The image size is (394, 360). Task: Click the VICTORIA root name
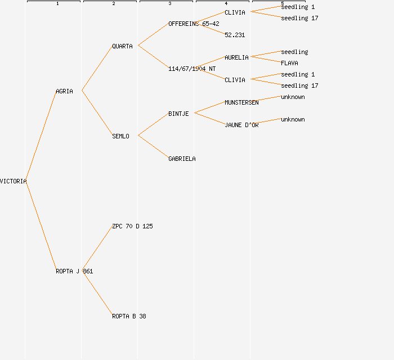[x=13, y=181]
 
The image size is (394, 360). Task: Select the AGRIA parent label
[x=64, y=91]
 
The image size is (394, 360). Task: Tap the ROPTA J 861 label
[x=74, y=271]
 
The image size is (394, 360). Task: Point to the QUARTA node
[x=122, y=46]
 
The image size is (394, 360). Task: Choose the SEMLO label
[x=120, y=136]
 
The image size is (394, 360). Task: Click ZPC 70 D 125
[x=132, y=226]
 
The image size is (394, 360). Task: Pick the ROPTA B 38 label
[x=129, y=316]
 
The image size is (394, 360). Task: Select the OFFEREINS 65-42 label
[x=194, y=24]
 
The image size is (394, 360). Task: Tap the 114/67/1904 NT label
[x=192, y=69]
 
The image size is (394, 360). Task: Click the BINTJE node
[x=178, y=114]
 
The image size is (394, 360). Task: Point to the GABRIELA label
[x=182, y=159]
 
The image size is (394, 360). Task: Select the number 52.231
[x=235, y=35]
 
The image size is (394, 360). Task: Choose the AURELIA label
[x=236, y=57]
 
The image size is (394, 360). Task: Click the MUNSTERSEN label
[x=241, y=102]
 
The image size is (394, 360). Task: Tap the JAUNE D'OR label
[x=241, y=125]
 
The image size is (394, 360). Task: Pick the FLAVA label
[x=289, y=63]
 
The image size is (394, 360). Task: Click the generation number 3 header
[x=170, y=3]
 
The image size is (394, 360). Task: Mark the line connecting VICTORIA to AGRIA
[x=41, y=136]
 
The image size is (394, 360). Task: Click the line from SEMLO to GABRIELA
[x=153, y=147]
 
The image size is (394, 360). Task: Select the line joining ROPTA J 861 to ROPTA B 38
[x=97, y=293]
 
